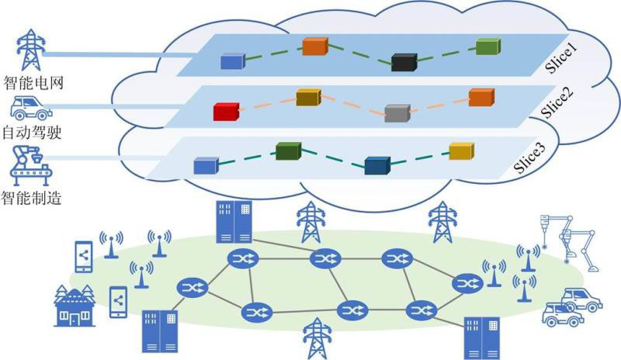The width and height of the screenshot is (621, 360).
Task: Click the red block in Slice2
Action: pos(225,112)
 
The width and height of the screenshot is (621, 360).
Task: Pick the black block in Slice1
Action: pos(404,61)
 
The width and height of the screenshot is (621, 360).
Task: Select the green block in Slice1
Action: pos(487,46)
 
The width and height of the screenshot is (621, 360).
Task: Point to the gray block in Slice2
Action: pos(397,112)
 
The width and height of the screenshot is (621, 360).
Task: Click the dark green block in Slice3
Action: pos(287,151)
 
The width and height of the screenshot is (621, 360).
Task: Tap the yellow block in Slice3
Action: pos(461,151)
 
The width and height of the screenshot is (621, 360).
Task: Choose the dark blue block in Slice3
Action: pos(376,165)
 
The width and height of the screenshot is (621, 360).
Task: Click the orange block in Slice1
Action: pos(314,46)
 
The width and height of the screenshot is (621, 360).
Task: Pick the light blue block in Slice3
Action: pos(205,164)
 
